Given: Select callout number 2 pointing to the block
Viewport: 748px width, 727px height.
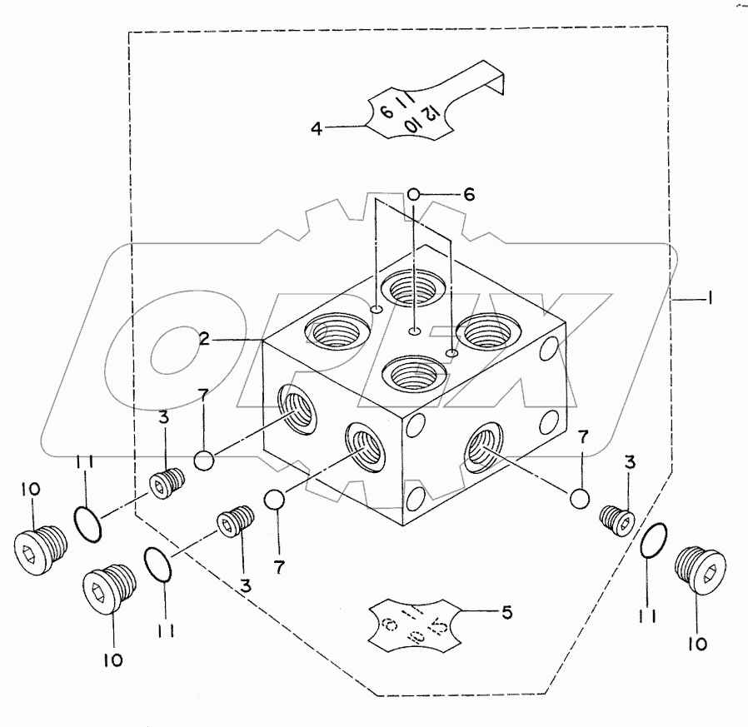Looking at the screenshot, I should pyautogui.click(x=203, y=339).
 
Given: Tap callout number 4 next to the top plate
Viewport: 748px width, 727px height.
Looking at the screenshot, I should pyautogui.click(x=317, y=128).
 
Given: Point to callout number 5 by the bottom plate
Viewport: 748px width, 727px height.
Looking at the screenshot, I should pyautogui.click(x=507, y=614).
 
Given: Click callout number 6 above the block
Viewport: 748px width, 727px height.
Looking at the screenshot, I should pyautogui.click(x=468, y=194).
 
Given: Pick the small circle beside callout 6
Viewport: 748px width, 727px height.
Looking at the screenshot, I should pyautogui.click(x=415, y=195).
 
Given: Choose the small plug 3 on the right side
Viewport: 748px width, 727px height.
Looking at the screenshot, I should pyautogui.click(x=617, y=521).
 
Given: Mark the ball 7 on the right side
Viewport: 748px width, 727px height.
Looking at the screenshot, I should pyautogui.click(x=581, y=497).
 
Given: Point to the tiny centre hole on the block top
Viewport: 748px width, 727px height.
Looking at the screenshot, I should pyautogui.click(x=414, y=333).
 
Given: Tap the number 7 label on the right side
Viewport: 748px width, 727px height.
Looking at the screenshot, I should pyautogui.click(x=583, y=435).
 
